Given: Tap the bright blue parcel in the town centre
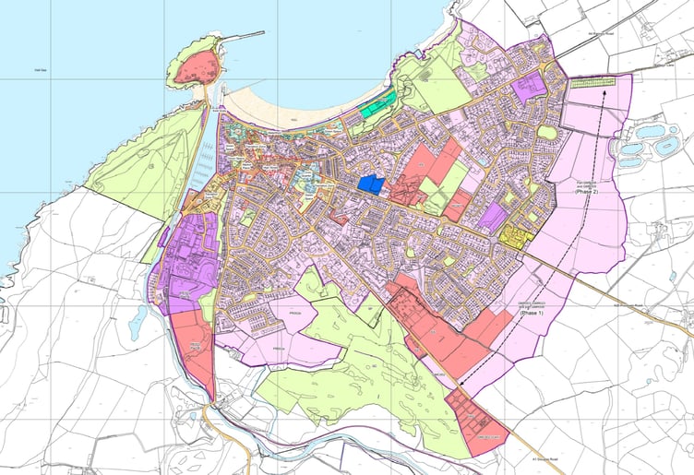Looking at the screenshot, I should (x=371, y=184).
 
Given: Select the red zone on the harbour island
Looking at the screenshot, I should (x=197, y=67).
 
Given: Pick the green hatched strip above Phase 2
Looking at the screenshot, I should (x=592, y=82).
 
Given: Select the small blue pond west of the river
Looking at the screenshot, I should (x=138, y=322).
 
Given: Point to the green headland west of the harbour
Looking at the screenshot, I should (x=148, y=157).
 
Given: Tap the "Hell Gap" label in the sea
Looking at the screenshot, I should (x=39, y=70).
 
